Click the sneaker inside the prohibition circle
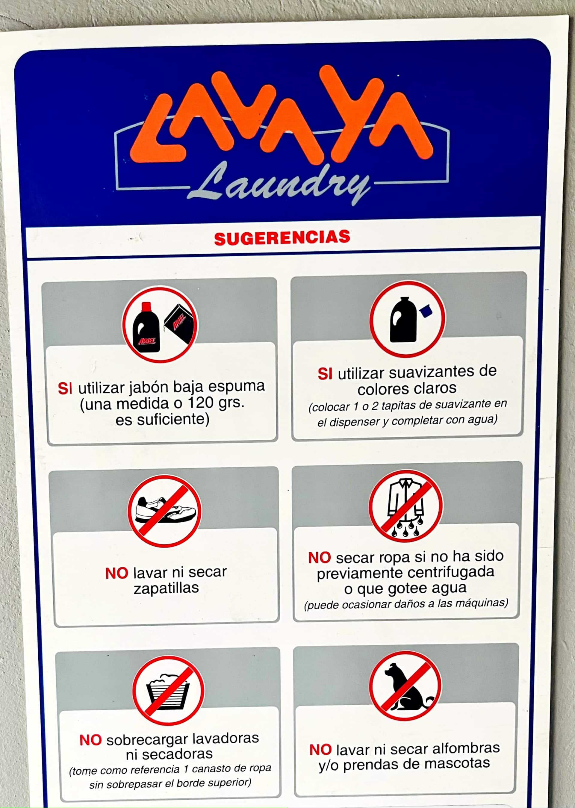click(x=165, y=511)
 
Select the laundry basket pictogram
click(x=168, y=691)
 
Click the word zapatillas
click(x=166, y=588)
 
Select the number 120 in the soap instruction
click(x=200, y=403)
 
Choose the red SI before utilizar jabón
click(x=65, y=388)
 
